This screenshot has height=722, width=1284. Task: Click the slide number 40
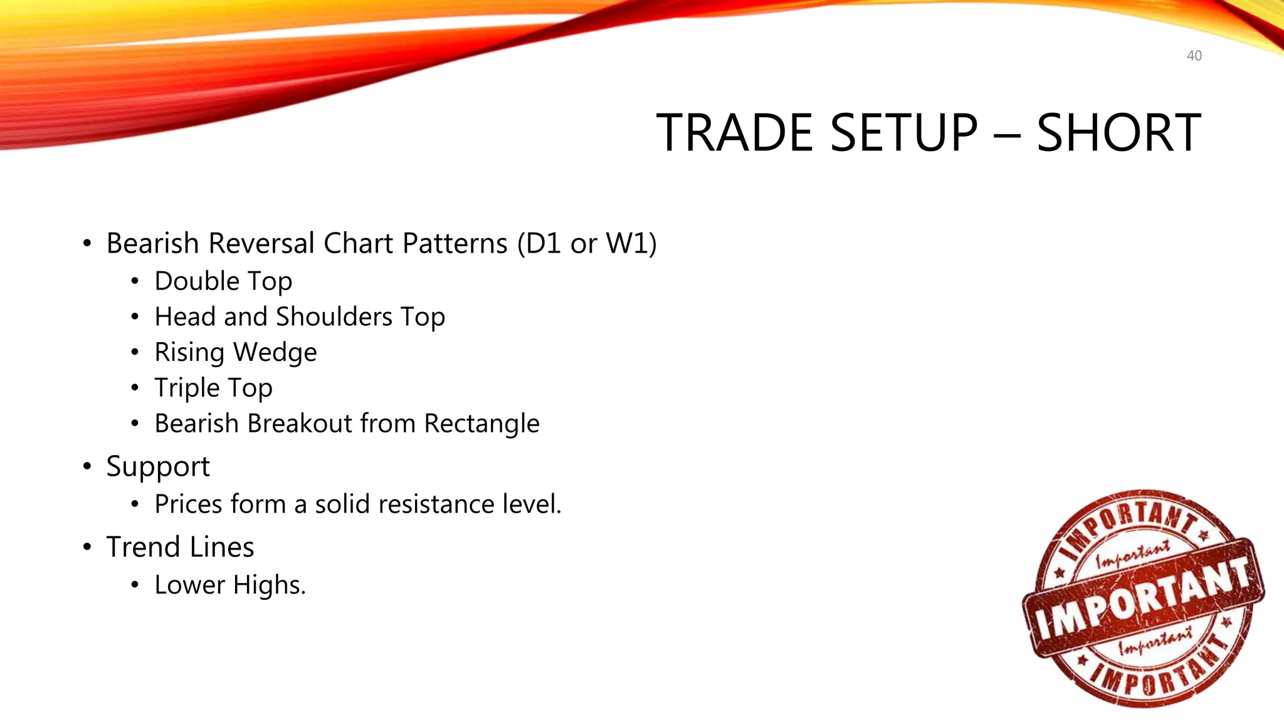(1194, 56)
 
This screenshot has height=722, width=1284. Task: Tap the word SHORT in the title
(1118, 133)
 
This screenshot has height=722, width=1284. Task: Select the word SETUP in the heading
(903, 133)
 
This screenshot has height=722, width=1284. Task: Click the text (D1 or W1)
(587, 243)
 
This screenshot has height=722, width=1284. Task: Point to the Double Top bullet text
(223, 281)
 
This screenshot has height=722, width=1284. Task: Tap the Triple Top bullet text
(213, 388)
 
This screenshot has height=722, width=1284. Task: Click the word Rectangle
(481, 424)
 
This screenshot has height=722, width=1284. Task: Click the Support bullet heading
(157, 466)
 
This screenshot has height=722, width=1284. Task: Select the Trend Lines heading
(180, 547)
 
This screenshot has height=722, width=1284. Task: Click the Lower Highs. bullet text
(230, 585)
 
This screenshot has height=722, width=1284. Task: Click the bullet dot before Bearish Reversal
(87, 243)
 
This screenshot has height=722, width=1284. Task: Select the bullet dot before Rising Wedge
(135, 352)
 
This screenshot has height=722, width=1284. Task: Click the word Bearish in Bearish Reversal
(153, 243)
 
